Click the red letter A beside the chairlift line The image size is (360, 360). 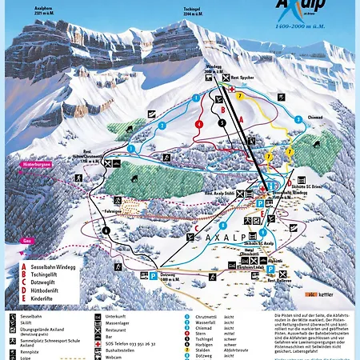click(239, 118)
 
